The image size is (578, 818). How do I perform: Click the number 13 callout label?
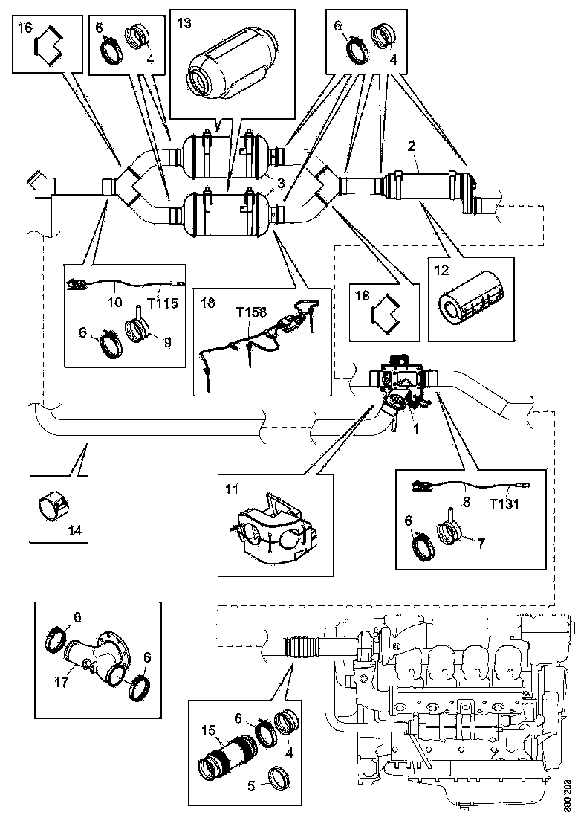(184, 23)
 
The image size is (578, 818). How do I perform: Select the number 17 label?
(62, 681)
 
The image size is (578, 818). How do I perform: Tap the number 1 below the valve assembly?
(416, 429)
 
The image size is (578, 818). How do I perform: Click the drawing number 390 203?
(568, 795)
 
